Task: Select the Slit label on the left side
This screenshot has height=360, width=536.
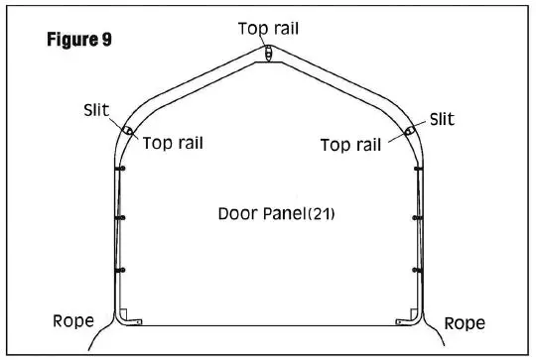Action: coord(97,111)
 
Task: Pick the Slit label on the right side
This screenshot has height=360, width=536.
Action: coord(443,119)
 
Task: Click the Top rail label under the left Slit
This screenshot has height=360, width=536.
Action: coord(173,142)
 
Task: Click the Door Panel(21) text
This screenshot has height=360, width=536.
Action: coord(275,213)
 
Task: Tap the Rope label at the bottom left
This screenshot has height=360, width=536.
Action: coord(72,321)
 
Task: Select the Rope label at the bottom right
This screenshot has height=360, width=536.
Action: coord(465,323)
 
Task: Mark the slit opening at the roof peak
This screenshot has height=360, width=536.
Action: coord(269,54)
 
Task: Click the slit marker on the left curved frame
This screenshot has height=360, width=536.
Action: coord(128,130)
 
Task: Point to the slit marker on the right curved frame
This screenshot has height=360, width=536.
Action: coord(410,130)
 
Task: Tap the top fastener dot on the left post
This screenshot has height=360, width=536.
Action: coord(120,170)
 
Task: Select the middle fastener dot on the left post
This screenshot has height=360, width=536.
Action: coord(120,218)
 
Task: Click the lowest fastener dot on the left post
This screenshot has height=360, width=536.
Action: coord(120,270)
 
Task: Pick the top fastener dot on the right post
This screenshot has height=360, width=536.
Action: coord(418,170)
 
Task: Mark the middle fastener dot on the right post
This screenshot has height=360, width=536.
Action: coord(418,218)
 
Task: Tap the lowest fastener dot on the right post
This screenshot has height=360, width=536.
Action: coord(418,270)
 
